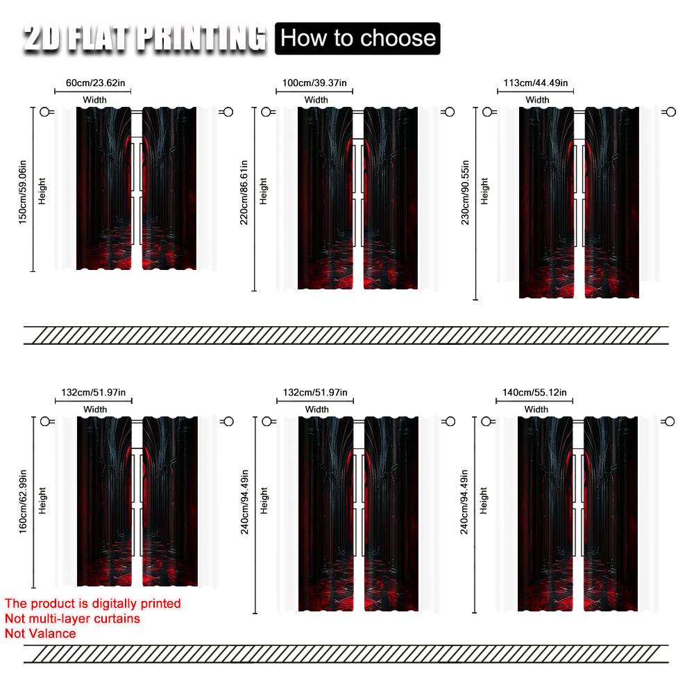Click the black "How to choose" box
[x=358, y=37]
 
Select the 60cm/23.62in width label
[x=95, y=83]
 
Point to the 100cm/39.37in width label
[x=316, y=83]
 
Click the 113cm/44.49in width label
[x=536, y=83]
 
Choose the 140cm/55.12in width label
[x=535, y=393]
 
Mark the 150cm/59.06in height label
[x=24, y=189]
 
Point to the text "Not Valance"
[x=40, y=633]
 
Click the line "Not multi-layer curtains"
[x=72, y=618]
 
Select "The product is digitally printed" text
[x=92, y=604]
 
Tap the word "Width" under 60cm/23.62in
[x=95, y=100]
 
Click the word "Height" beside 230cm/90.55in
[x=484, y=191]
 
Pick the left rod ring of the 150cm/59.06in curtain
[x=46, y=111]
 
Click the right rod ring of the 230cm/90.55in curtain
[x=670, y=112]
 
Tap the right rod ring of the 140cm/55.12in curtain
[x=670, y=421]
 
